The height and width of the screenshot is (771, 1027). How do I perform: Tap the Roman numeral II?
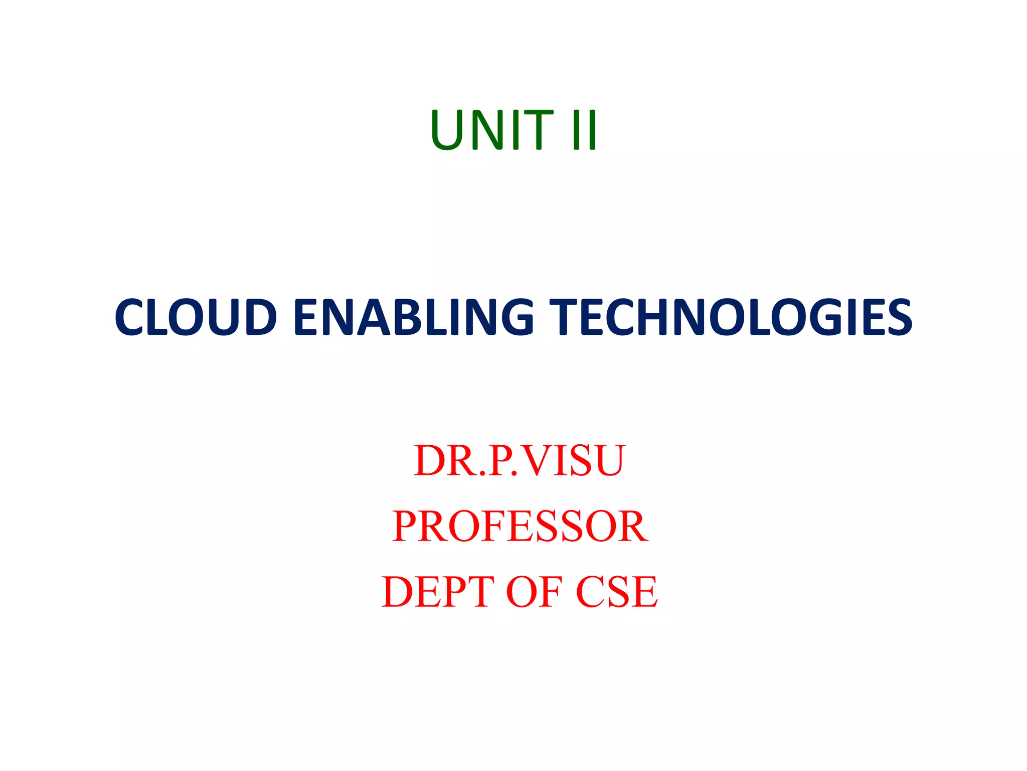pos(584,130)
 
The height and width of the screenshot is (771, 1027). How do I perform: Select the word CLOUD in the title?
pos(196,317)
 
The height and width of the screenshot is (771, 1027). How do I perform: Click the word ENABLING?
pos(413,317)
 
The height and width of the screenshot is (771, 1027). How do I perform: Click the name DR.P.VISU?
pos(519,460)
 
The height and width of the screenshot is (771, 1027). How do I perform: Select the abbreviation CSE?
pos(617,592)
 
